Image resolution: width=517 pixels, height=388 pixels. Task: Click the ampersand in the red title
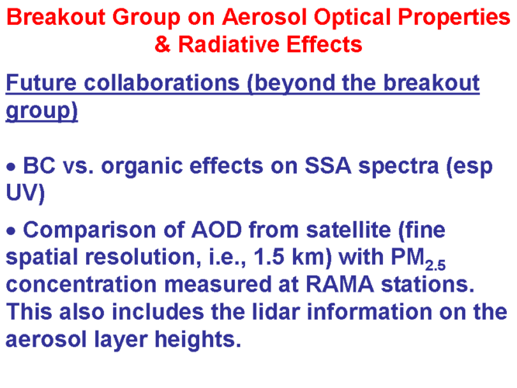(x=163, y=44)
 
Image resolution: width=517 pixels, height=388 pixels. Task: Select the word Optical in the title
(x=352, y=17)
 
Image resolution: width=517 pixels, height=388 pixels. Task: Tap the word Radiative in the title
(x=229, y=44)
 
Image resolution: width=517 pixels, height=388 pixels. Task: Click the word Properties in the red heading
(x=454, y=18)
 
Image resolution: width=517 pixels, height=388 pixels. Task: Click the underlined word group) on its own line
(x=42, y=111)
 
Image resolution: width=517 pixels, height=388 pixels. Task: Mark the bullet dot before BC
(x=11, y=167)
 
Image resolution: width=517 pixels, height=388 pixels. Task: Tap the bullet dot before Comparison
(x=11, y=231)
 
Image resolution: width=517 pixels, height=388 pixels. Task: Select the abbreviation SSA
(x=328, y=165)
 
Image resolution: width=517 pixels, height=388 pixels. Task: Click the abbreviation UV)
(x=25, y=192)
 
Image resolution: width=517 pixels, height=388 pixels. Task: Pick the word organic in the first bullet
(x=142, y=166)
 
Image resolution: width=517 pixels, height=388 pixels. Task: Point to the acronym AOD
(x=217, y=230)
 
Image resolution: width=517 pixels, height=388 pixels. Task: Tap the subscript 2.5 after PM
(x=436, y=265)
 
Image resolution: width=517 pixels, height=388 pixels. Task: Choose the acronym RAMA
(x=340, y=284)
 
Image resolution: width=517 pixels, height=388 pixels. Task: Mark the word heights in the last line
(x=198, y=339)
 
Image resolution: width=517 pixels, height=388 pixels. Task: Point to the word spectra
(x=398, y=167)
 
